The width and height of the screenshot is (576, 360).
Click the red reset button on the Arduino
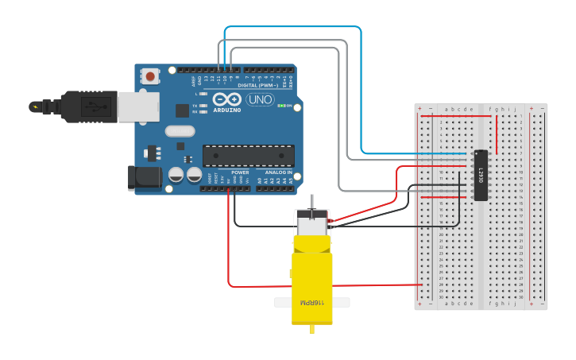tap(150, 76)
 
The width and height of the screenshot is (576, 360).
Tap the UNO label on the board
tap(260, 99)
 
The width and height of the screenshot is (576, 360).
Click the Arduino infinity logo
tap(226, 99)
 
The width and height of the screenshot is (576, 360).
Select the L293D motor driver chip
tap(480, 175)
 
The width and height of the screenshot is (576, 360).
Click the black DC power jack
tap(145, 179)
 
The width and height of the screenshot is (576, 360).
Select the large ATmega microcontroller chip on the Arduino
tap(248, 156)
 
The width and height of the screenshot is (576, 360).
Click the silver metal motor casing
tap(312, 223)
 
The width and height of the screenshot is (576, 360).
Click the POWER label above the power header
tap(240, 172)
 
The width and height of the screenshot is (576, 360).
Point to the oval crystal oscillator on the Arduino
tap(180, 131)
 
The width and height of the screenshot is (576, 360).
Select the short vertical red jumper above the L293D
tap(497, 134)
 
